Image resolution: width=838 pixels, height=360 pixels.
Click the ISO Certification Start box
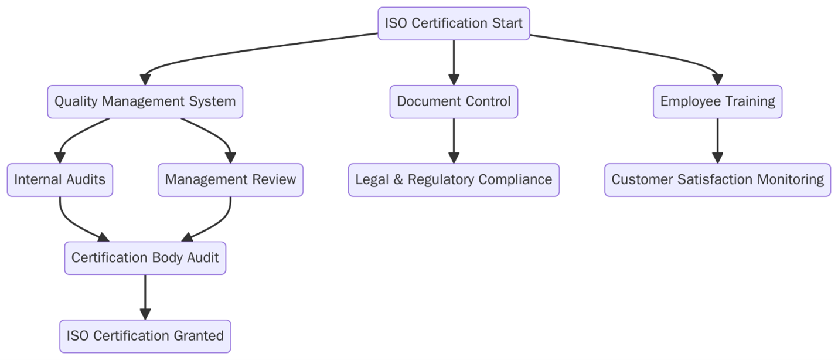tap(454, 23)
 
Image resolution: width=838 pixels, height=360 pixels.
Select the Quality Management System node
tap(145, 101)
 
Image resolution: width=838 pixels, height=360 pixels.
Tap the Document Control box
tap(454, 101)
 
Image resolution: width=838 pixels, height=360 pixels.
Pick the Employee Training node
tap(717, 101)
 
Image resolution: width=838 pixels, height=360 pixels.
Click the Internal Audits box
tap(60, 179)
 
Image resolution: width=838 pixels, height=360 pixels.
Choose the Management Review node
tap(230, 179)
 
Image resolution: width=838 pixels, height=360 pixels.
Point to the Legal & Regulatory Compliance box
tap(454, 179)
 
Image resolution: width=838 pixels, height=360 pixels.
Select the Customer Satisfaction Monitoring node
tap(717, 179)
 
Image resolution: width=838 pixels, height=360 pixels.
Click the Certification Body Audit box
tap(145, 258)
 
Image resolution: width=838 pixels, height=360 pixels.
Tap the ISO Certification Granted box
tap(145, 336)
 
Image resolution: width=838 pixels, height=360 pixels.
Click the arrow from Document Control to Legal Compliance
tap(454, 138)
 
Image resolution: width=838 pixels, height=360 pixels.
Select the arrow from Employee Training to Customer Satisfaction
tap(717, 138)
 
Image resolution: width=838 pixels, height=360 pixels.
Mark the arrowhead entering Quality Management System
tap(145, 80)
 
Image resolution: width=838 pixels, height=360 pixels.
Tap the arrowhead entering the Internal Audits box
tap(60, 158)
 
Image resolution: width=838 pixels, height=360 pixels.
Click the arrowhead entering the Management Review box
tap(230, 158)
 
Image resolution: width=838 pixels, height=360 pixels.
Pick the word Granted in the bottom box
tap(199, 336)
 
